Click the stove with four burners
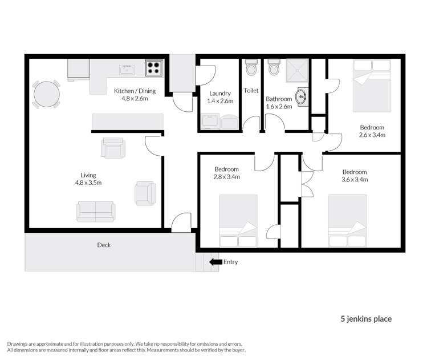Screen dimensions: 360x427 coord(153,69)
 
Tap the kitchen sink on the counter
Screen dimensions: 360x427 coord(127,70)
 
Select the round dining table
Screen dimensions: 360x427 coord(46,93)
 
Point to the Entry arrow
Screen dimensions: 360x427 coord(215,262)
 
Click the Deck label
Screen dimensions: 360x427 coord(103,245)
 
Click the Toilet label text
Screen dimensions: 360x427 coord(251,91)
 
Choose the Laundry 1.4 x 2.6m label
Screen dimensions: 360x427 coord(219,97)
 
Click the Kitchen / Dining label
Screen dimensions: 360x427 coord(135,94)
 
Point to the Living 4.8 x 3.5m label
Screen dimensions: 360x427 coord(88,179)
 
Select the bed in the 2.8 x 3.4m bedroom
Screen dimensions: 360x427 coord(238,221)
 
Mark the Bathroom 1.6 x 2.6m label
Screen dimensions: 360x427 coord(279,103)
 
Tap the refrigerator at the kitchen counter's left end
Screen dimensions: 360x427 coord(78,70)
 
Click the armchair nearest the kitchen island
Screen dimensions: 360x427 coord(112,148)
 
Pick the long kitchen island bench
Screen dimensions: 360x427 coord(128,122)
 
